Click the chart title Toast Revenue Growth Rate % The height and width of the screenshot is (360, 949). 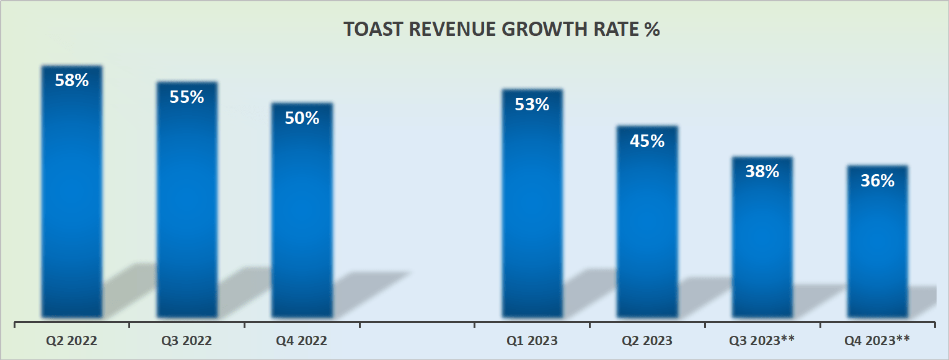(501, 30)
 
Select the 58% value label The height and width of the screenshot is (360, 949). (72, 80)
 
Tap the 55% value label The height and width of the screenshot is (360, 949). (187, 97)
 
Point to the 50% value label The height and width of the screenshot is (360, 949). (302, 118)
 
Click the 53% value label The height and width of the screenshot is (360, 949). (532, 104)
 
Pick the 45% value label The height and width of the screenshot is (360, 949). (647, 141)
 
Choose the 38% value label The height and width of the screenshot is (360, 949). (762, 171)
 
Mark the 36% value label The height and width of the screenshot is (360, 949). (877, 180)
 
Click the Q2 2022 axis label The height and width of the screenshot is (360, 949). (72, 340)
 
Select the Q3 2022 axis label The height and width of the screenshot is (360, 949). (187, 340)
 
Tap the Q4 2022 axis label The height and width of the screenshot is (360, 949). (302, 340)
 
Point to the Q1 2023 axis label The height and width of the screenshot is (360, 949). (532, 340)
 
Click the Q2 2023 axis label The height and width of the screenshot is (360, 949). (647, 340)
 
